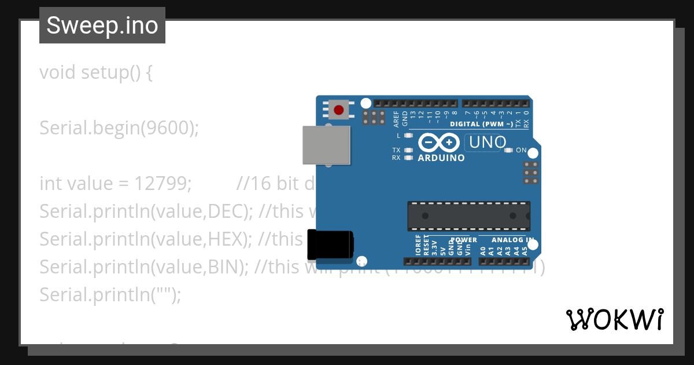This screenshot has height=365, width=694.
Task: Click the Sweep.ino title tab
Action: [x=102, y=25]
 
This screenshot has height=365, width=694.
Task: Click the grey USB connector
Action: [x=327, y=145]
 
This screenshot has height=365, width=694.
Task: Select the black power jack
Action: [x=330, y=244]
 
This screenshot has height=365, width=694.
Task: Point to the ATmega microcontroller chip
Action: [x=468, y=216]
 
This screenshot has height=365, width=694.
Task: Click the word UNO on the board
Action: [x=488, y=142]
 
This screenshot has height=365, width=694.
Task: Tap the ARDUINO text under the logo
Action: [x=441, y=158]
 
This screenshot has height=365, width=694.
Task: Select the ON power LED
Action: [x=509, y=150]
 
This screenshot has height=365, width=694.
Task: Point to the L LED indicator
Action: [x=408, y=136]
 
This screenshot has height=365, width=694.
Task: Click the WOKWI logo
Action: [x=614, y=319]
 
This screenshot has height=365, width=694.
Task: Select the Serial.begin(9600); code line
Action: [x=119, y=128]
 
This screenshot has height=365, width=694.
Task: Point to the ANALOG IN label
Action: [x=512, y=240]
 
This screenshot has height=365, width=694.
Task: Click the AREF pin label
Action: [x=396, y=119]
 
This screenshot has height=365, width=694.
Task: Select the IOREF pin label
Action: [x=418, y=245]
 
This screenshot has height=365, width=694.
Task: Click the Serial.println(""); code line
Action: [x=110, y=294]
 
